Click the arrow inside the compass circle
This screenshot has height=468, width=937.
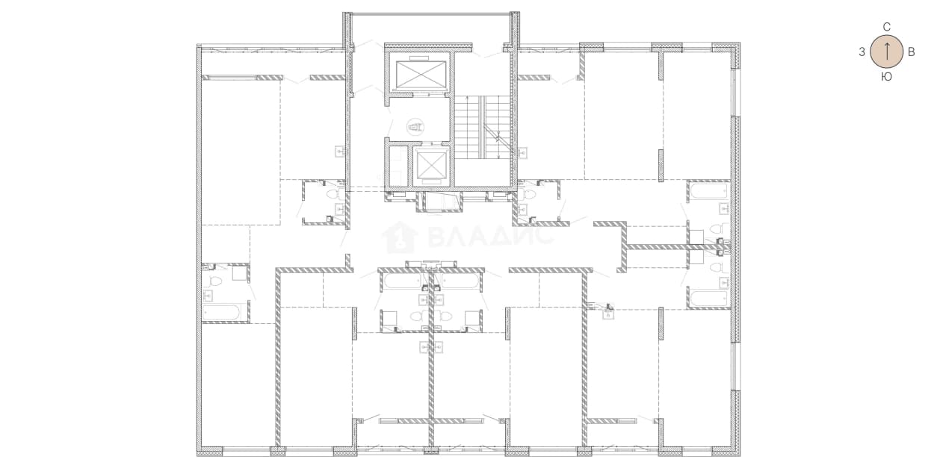(886, 52)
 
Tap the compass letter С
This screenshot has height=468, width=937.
(886, 27)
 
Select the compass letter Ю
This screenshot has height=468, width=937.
(886, 77)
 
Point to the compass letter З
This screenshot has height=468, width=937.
(862, 52)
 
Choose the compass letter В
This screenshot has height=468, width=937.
(912, 52)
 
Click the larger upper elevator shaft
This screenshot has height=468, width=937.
(421, 75)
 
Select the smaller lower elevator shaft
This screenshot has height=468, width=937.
(431, 165)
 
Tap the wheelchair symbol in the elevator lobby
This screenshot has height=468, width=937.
(415, 127)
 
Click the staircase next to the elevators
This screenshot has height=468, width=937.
(483, 127)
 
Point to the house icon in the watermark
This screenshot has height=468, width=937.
(400, 237)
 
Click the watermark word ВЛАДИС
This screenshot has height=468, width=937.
(490, 236)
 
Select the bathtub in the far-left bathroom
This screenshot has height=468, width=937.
(222, 312)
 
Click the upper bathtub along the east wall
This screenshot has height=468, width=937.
(708, 191)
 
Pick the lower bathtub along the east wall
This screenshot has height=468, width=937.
(708, 299)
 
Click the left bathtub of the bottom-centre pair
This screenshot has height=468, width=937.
(403, 281)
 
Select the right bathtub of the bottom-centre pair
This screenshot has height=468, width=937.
(459, 281)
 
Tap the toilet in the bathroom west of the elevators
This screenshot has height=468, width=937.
(334, 194)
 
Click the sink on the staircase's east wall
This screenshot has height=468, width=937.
(522, 152)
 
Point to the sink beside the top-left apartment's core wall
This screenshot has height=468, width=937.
(340, 151)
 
